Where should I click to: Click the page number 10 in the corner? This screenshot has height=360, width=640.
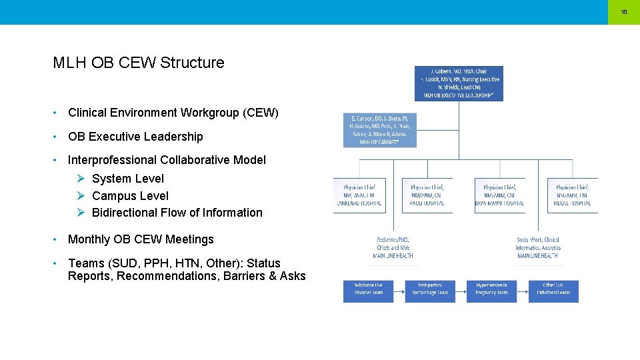(x=624, y=12)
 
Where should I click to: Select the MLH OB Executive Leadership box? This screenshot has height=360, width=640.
(x=459, y=83)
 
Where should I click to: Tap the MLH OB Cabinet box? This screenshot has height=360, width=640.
(x=379, y=130)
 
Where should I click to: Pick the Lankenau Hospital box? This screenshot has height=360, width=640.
(x=359, y=195)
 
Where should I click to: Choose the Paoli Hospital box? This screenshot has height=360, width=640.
(x=427, y=195)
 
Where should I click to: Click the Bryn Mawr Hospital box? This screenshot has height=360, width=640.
(x=499, y=195)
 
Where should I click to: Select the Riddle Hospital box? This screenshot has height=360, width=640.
(x=572, y=195)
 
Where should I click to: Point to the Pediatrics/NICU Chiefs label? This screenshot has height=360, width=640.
(x=393, y=247)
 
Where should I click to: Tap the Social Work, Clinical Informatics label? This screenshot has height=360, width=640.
(x=538, y=247)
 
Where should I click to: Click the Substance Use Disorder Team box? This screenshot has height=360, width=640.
(x=369, y=289)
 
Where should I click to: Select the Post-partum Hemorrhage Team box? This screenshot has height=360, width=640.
(x=430, y=289)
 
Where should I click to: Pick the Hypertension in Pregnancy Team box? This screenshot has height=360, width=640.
(x=492, y=289)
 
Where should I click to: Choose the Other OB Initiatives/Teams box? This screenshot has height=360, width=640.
(x=553, y=289)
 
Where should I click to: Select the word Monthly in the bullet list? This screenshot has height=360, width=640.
(x=89, y=239)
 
